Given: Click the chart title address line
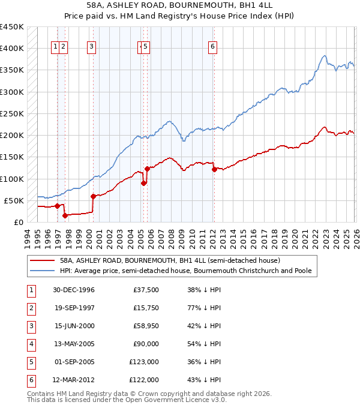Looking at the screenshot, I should click(179, 5).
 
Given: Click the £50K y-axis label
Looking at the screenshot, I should click(14, 200).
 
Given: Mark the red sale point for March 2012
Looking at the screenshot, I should click(214, 169).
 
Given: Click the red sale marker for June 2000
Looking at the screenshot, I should click(93, 196).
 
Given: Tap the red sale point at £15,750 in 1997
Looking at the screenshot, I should click(65, 215).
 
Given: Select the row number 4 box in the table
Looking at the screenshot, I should click(29, 344).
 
